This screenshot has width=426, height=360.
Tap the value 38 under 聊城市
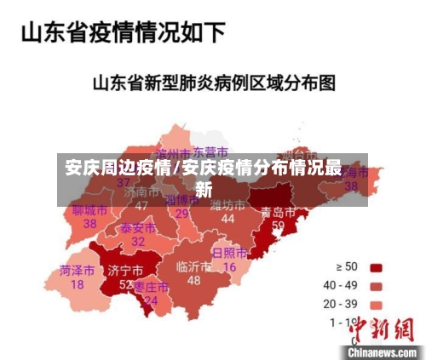89,223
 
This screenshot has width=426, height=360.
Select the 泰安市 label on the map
137,228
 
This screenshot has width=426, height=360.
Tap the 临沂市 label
193,266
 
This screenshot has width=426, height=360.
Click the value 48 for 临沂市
193,280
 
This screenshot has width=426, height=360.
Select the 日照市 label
229,254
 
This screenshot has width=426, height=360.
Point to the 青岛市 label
278,211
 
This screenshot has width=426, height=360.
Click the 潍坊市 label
227,205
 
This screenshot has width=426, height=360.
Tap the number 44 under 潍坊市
227,219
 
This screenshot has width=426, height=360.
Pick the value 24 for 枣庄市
151,300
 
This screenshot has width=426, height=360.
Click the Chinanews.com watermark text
381,351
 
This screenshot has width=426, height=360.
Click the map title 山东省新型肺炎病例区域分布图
214,83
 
